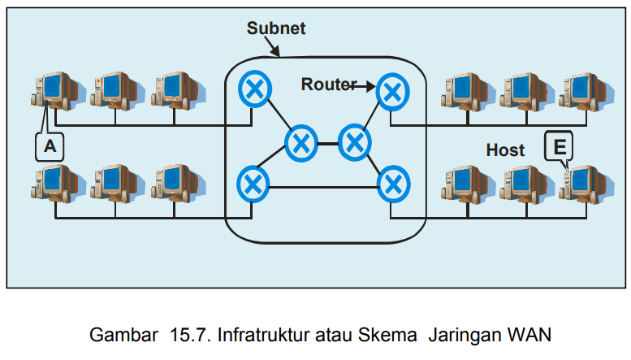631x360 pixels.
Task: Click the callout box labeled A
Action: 50,146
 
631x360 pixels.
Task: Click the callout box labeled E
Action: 559,146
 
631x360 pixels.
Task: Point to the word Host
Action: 505,150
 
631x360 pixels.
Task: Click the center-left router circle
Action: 301,143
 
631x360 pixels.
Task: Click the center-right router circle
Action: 353,143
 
